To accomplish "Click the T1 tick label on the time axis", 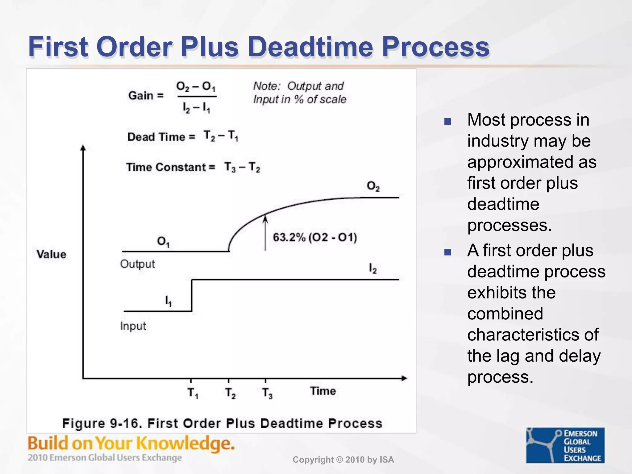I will point(193,393).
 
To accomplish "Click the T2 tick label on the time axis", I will point(230,393).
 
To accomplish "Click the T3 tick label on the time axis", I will point(267,393).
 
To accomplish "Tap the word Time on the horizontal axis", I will point(323,391).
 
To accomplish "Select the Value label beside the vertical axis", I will point(52,254).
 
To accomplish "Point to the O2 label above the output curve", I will point(373,186).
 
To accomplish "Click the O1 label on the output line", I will point(163,241).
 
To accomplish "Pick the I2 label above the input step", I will point(373,268).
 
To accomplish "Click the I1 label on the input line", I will point(168,301).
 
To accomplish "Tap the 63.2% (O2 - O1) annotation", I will point(315,237).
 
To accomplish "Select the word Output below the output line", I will point(137,264).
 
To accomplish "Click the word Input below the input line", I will point(133,326).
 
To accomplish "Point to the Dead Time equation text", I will point(183,136).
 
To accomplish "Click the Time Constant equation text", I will point(193,167).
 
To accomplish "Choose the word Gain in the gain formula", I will point(141,95).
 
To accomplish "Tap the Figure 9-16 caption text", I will point(222,423).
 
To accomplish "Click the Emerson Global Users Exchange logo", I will point(565,445).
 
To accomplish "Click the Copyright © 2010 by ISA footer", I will point(343,460).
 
